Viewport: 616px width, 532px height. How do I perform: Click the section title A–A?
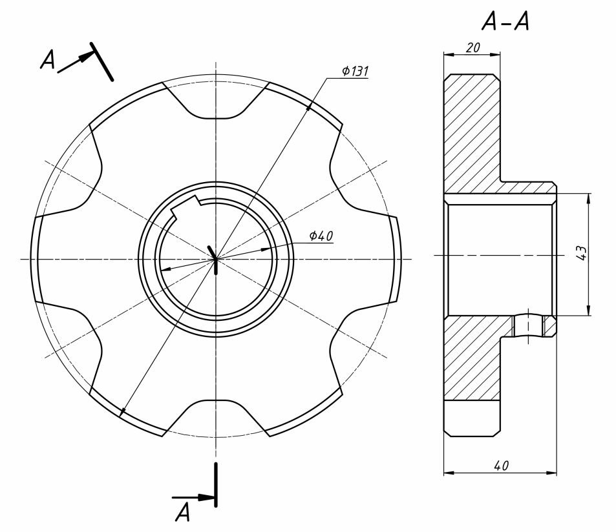(505, 21)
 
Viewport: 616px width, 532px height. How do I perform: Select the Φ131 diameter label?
(355, 71)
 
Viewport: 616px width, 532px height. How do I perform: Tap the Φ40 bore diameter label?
(321, 236)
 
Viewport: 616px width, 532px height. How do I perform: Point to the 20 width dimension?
(473, 48)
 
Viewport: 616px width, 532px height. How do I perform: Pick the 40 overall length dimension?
(502, 466)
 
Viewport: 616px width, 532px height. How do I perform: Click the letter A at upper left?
(48, 59)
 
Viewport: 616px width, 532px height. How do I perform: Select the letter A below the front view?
(183, 513)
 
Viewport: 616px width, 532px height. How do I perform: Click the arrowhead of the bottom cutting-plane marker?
(206, 497)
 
